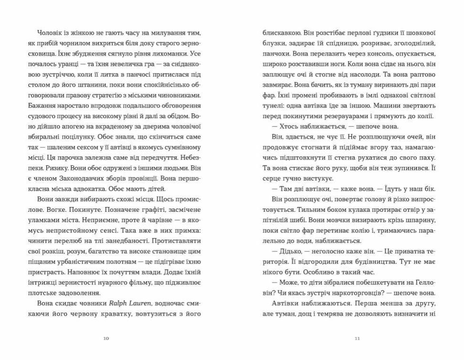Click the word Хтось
point(288,126)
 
